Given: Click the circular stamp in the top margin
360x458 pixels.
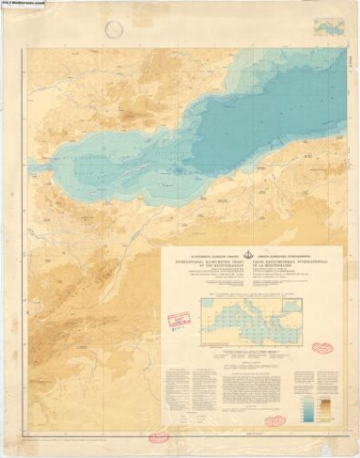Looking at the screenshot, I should (114, 29).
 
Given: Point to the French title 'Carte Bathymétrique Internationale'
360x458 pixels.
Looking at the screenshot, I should (292, 267).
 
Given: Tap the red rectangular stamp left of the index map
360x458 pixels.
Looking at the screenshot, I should (179, 320).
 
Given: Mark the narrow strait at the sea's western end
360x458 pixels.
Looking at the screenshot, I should (33, 168).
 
